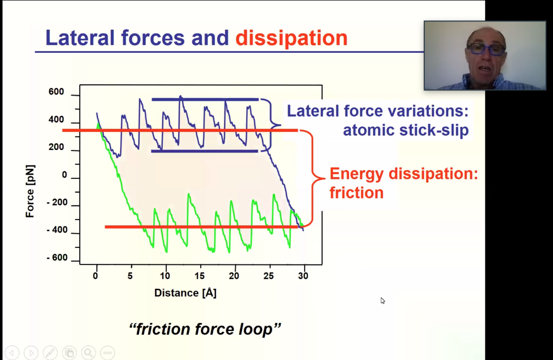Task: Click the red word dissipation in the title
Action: coord(291,38)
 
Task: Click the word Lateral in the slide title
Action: coord(80,38)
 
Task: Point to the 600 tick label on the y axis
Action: coord(56,92)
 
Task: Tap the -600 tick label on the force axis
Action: coord(57,257)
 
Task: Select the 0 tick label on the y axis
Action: coord(65,175)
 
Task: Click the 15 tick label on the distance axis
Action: coord(199,276)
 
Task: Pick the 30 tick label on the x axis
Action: coord(303,276)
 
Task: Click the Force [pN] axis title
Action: coord(30,191)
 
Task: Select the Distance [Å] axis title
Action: coord(185,293)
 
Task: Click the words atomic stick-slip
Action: coord(406,130)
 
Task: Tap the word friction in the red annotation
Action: coord(357,193)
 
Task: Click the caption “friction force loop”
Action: coord(205,329)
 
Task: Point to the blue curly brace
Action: coord(271,125)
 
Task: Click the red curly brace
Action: coord(313,178)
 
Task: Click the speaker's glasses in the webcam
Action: coord(486,49)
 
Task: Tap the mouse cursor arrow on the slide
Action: coord(382,301)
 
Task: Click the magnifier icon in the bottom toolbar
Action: coord(88,353)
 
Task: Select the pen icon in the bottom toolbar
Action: coord(50,353)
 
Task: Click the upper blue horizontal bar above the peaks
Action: coord(205,99)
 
